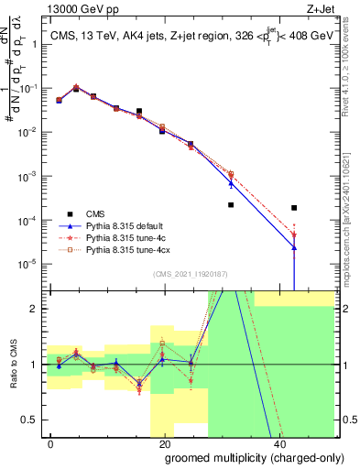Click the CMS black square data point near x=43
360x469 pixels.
[292, 208]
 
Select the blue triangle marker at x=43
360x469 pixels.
[293, 248]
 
